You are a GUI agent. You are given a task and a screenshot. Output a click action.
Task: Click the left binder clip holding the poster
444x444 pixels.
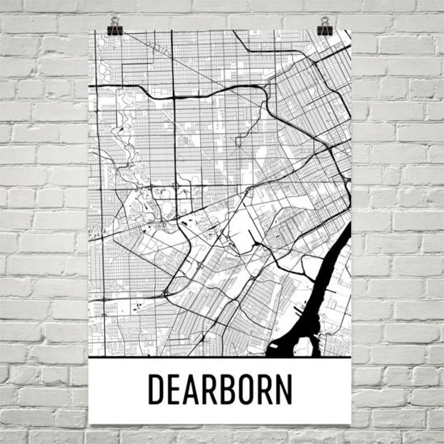pos(115,26)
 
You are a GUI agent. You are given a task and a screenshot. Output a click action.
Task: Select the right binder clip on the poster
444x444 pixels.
pos(324,26)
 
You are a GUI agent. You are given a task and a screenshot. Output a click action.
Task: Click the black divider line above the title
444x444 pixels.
pos(219,357)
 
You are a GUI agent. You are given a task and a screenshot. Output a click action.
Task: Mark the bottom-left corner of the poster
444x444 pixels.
pos(89,423)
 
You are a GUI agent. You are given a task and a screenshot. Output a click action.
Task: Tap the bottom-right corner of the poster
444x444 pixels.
pos(351,423)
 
